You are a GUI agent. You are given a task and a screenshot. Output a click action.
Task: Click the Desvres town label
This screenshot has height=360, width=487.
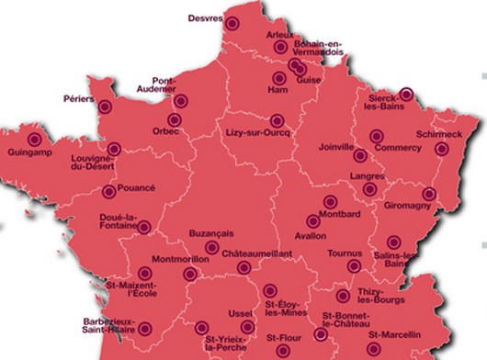pos(205,17)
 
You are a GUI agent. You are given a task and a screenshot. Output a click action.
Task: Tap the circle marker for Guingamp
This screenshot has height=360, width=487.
pos(35,139)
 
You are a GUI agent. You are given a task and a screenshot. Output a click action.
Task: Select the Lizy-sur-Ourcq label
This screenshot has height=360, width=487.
pos(258,134)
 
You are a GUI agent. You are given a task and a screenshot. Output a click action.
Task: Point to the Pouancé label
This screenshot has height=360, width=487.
pos(138,187)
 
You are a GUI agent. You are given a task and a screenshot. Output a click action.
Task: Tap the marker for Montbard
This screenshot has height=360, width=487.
pos(330,202)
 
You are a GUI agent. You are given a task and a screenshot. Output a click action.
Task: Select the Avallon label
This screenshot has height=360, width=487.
pos(311,236)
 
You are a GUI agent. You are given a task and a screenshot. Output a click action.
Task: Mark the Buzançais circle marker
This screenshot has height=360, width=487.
pos(211,247)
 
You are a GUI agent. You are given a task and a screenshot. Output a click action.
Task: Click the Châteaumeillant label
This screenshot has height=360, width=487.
pos(257,251)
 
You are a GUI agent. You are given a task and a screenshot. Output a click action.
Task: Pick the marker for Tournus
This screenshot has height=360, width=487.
pos(354,266)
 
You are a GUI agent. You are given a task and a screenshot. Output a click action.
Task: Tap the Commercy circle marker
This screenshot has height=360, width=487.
pos(376,137)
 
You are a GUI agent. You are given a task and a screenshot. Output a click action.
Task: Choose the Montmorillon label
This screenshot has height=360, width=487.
pos(179,259)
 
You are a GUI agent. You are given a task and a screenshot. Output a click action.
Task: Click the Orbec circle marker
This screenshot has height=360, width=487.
pos(173,118)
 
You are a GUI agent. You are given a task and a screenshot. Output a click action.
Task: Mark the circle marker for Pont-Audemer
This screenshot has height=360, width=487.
pos(181,101)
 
